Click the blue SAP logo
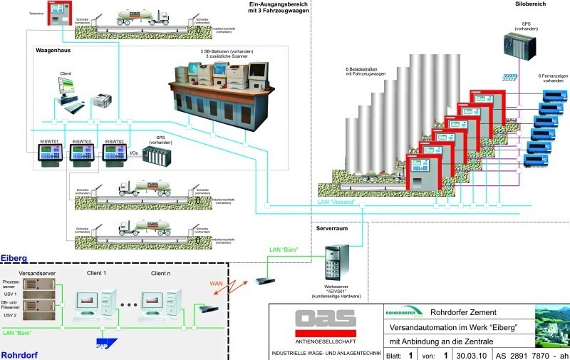click(105, 344)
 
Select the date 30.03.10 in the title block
click(472, 354)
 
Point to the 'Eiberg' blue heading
click(14, 257)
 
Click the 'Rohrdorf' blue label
click(19, 354)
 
